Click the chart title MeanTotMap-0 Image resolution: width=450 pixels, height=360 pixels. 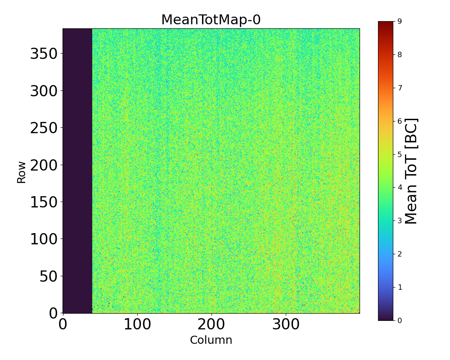click(x=211, y=20)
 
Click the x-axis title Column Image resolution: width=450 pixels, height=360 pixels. click(x=211, y=340)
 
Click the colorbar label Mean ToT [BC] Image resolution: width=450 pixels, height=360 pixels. click(x=411, y=171)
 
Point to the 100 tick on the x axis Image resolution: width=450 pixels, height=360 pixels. click(x=137, y=324)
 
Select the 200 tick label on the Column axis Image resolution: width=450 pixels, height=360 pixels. click(x=211, y=324)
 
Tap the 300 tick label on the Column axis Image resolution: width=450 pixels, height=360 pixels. click(x=286, y=324)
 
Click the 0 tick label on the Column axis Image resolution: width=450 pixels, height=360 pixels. click(x=63, y=324)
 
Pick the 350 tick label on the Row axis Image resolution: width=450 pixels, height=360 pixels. click(x=44, y=54)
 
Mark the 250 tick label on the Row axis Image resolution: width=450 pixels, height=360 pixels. click(x=44, y=128)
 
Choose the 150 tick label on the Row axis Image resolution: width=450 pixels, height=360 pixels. click(x=44, y=202)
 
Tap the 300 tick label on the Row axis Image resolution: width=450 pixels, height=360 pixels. click(x=44, y=91)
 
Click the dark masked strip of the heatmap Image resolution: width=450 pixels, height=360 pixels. click(x=77, y=171)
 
